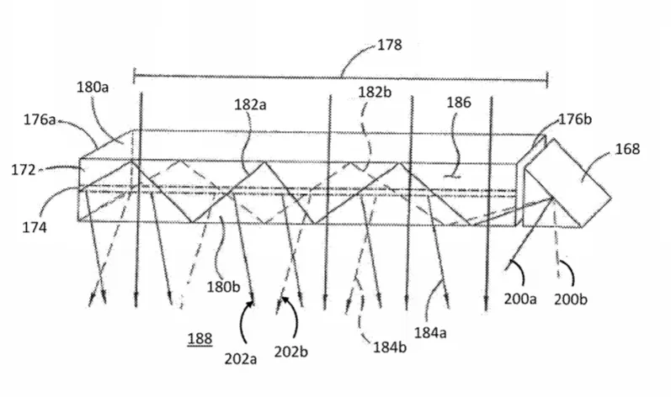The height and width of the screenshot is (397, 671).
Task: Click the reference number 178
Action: (390, 45)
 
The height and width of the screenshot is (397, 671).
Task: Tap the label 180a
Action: (93, 87)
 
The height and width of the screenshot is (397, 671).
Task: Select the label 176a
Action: (40, 119)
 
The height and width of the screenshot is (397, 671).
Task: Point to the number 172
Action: (23, 170)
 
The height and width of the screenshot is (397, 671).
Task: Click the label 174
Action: (35, 227)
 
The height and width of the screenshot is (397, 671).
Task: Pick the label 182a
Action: (250, 104)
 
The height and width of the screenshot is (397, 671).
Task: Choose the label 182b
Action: (375, 92)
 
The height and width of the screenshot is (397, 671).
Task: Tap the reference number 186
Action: (459, 103)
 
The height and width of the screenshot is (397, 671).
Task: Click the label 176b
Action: (576, 119)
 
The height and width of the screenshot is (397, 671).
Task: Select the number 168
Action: (627, 149)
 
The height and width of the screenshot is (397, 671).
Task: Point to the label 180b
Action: (223, 287)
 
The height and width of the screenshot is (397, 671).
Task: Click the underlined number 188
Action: (200, 339)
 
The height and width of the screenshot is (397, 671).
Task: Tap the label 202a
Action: (241, 359)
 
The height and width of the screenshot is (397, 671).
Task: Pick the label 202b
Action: (291, 352)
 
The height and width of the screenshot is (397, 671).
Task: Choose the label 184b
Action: (390, 347)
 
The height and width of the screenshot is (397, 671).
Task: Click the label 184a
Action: (430, 332)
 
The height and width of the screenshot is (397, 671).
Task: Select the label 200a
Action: (520, 299)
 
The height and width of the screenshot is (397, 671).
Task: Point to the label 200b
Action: (571, 299)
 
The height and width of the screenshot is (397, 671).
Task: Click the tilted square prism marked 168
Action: (567, 183)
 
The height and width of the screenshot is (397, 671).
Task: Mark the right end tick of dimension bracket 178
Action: (547, 80)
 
